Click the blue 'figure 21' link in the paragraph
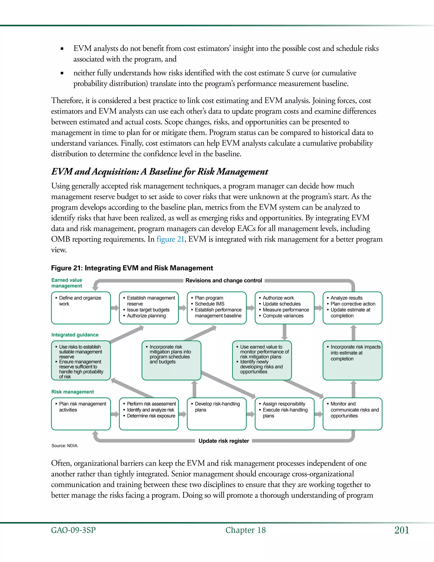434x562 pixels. [x=170, y=239]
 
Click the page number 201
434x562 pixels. [x=402, y=530]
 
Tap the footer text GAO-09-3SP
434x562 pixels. [x=73, y=530]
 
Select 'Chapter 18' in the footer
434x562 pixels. [x=246, y=530]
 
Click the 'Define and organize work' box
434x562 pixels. [x=81, y=308]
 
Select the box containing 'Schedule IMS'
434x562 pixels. [x=217, y=308]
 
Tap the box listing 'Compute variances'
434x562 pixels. [x=284, y=308]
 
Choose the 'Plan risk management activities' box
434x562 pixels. [x=81, y=414]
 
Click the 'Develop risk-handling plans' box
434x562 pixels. [x=217, y=414]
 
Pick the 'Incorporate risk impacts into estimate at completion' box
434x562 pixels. [x=352, y=360]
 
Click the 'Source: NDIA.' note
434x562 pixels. [x=65, y=446]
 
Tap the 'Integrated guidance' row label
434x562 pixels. [x=75, y=335]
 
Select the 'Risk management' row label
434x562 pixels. [x=72, y=392]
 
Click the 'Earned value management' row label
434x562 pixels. [x=67, y=283]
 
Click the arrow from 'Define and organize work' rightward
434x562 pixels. [x=115, y=308]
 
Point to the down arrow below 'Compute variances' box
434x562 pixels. [x=284, y=332]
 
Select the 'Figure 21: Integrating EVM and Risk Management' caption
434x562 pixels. [x=132, y=268]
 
